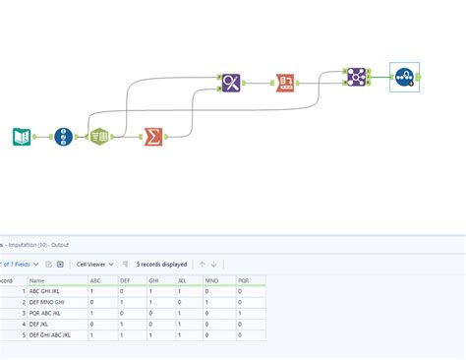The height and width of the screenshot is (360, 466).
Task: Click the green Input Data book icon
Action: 22,137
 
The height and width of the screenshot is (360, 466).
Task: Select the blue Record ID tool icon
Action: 64,137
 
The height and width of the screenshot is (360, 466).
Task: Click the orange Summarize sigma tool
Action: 153,137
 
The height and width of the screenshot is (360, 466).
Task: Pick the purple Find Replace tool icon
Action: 231,83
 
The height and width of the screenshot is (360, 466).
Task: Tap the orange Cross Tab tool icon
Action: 284,83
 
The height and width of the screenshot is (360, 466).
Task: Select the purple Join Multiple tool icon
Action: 355,77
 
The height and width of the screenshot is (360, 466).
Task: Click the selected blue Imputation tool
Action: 404,77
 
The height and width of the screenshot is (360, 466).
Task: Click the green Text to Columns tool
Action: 99,137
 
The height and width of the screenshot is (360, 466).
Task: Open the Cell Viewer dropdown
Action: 96,264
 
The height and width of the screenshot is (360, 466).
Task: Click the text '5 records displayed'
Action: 162,264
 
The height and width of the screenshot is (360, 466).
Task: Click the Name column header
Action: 37,280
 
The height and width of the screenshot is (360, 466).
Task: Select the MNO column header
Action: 213,280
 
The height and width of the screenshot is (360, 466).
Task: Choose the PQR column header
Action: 244,280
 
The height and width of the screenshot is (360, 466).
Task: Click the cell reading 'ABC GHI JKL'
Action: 48,291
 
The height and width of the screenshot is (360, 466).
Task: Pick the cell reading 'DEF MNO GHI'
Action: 49,302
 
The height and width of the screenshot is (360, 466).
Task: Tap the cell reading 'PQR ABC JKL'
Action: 48,313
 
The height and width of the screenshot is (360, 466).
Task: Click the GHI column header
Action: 154,280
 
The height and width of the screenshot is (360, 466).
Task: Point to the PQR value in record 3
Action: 251,313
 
